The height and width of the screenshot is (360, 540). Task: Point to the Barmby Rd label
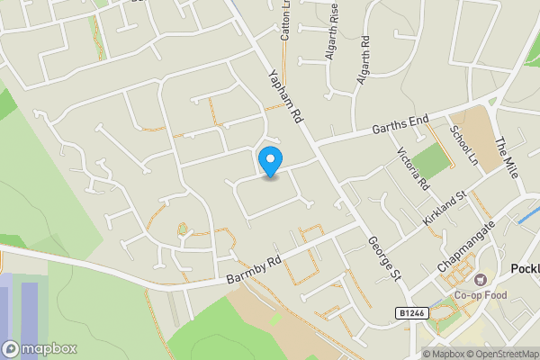click(255, 268)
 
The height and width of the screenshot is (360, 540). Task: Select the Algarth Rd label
click(364, 60)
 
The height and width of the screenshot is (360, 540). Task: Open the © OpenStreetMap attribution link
click(501, 354)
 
